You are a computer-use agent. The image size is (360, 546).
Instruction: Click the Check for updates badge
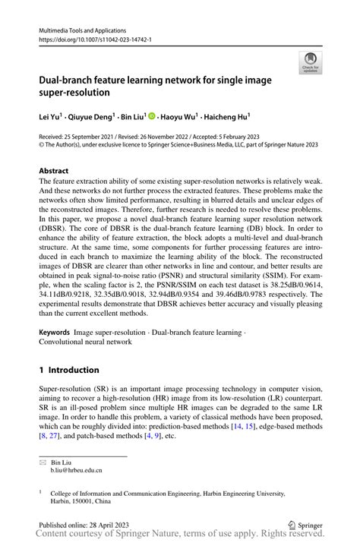pyautogui.click(x=309, y=63)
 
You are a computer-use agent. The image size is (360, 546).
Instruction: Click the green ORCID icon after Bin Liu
pyautogui.click(x=152, y=116)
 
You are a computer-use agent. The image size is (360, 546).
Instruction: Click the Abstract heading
pyautogui.click(x=54, y=171)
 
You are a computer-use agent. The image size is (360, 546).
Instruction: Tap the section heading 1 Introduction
pyautogui.click(x=69, y=370)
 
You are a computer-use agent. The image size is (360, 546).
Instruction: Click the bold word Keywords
pyautogui.click(x=55, y=333)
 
